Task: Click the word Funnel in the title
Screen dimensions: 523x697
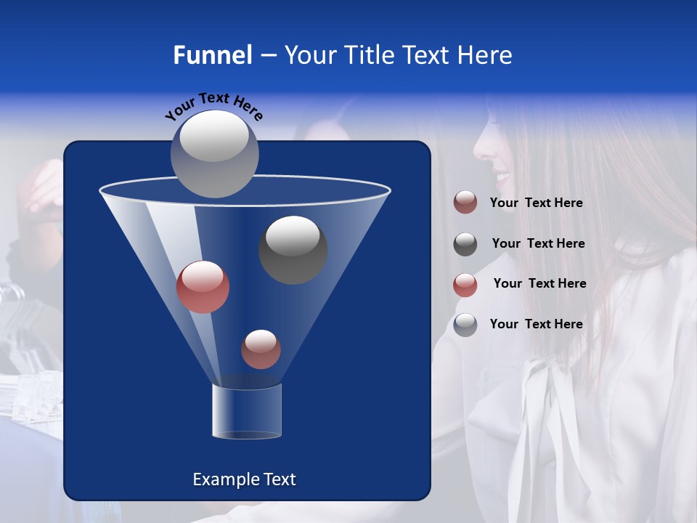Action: click(212, 55)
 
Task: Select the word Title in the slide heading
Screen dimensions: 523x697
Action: click(361, 55)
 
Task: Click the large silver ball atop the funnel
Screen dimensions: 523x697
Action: click(214, 153)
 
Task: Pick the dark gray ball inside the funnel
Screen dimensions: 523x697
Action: click(293, 249)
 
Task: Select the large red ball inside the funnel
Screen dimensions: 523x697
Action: click(203, 287)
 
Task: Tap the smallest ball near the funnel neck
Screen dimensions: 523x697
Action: click(261, 349)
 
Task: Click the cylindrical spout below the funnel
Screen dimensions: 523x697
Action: click(246, 411)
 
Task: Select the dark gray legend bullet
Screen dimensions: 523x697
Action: click(465, 244)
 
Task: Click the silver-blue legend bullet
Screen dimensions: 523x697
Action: click(465, 325)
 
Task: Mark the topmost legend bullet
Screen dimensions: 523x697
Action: click(465, 203)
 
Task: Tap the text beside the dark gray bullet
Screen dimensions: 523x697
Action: click(538, 244)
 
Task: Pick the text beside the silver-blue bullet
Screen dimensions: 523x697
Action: click(537, 324)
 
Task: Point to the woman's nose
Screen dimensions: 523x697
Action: click(480, 150)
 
